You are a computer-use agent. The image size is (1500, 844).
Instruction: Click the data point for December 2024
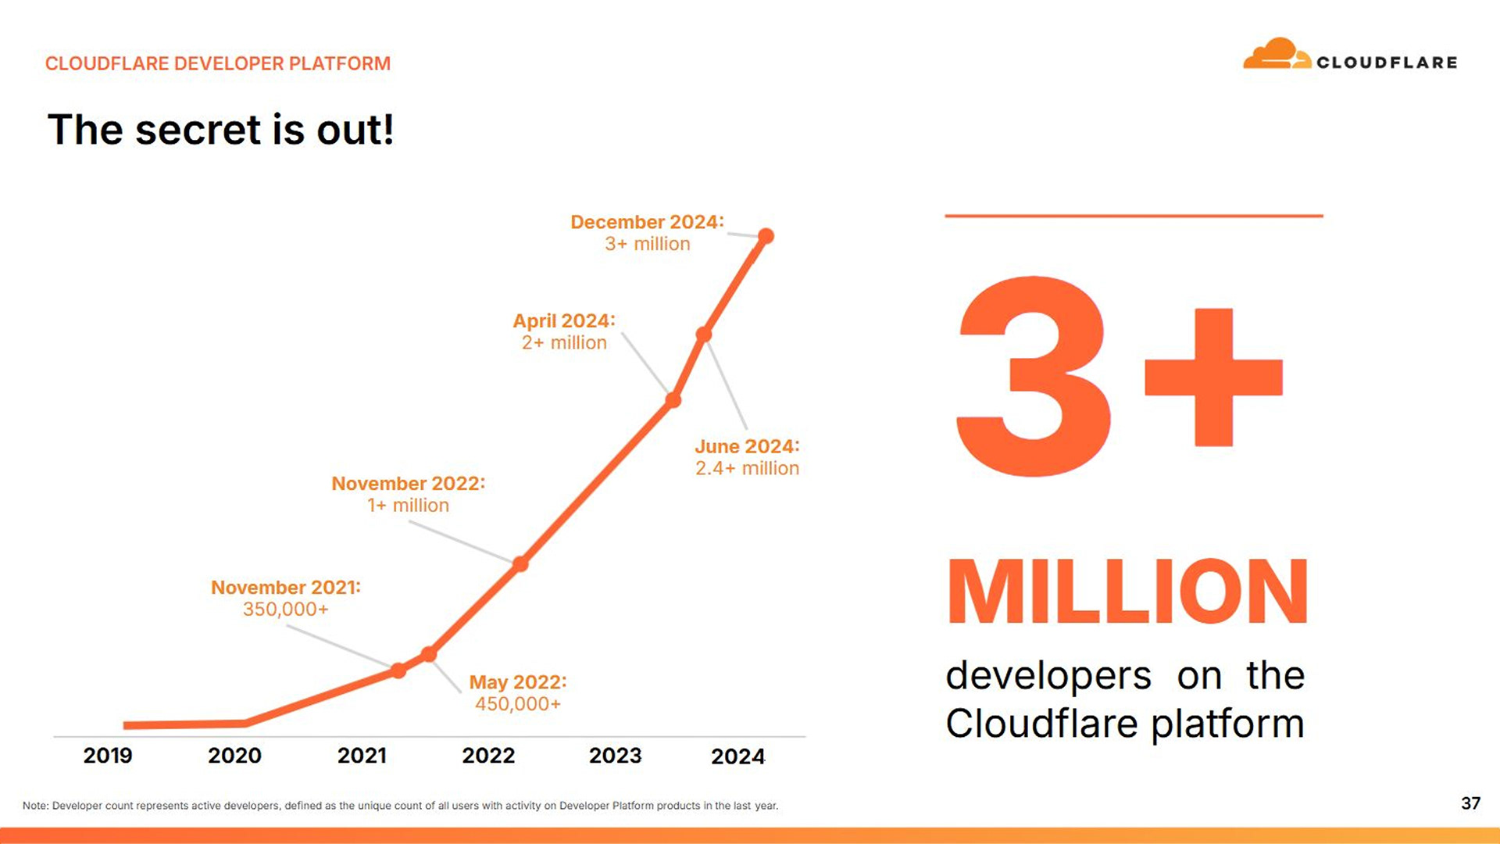pos(766,236)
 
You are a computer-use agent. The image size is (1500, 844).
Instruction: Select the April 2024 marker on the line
pos(673,401)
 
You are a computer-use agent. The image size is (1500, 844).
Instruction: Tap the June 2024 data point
pos(704,334)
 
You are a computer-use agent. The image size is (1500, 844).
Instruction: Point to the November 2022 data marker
pos(520,563)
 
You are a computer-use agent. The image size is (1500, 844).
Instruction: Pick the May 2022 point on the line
pos(429,654)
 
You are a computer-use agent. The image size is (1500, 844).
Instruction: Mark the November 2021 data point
pos(398,671)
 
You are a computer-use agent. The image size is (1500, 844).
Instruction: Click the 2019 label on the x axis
pos(108,756)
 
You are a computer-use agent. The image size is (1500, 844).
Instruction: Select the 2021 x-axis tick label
pos(362,756)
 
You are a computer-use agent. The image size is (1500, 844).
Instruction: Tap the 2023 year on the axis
pos(615,756)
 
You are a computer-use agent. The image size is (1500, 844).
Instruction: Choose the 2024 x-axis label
pos(737,756)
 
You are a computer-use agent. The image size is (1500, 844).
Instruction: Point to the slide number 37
pos(1470,803)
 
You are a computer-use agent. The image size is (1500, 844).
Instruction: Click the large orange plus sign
pos(1213,377)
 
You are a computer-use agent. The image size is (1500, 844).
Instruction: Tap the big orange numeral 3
pos(1033,377)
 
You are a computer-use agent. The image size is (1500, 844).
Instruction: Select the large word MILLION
pos(1127,592)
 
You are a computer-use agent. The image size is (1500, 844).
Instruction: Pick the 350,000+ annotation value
pos(285,610)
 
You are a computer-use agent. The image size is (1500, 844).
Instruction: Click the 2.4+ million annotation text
pos(747,468)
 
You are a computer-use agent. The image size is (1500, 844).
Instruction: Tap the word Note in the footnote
pos(35,806)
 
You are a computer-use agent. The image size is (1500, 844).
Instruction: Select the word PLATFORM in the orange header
pos(339,63)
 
